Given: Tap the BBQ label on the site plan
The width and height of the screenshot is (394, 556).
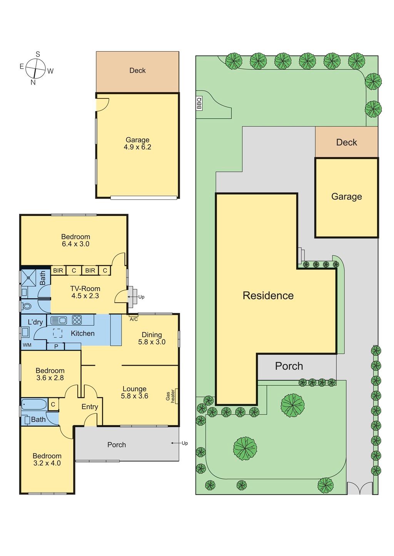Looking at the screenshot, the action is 199,103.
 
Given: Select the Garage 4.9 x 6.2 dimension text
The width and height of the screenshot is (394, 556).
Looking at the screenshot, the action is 137,147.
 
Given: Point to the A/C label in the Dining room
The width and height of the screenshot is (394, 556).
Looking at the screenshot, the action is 134,319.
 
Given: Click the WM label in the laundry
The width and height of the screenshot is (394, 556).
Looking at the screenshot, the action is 27,345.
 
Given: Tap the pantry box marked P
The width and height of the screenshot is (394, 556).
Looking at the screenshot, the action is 56,346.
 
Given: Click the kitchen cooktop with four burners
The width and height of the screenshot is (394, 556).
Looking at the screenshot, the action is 77,320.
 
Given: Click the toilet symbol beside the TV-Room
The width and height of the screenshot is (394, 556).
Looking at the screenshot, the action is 26,307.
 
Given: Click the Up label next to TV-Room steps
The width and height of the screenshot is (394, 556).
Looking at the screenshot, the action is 141,297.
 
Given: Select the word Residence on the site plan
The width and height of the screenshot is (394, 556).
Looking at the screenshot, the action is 268,295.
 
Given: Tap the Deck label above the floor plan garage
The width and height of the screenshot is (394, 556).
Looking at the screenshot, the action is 137,70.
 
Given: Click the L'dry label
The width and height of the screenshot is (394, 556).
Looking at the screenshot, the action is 35,322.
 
